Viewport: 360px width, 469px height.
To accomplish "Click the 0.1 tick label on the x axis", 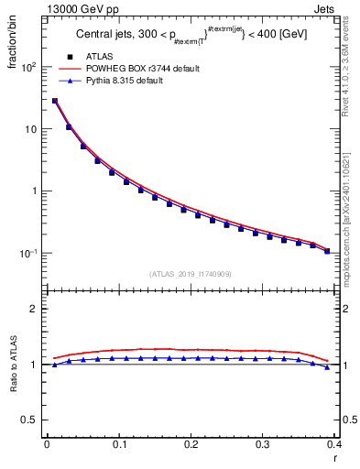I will click(118, 444).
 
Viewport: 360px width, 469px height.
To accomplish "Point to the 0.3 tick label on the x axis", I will click(263, 444).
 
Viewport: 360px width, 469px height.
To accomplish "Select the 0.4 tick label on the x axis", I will click(334, 444).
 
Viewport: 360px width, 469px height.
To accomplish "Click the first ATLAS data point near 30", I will click(55, 102).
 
